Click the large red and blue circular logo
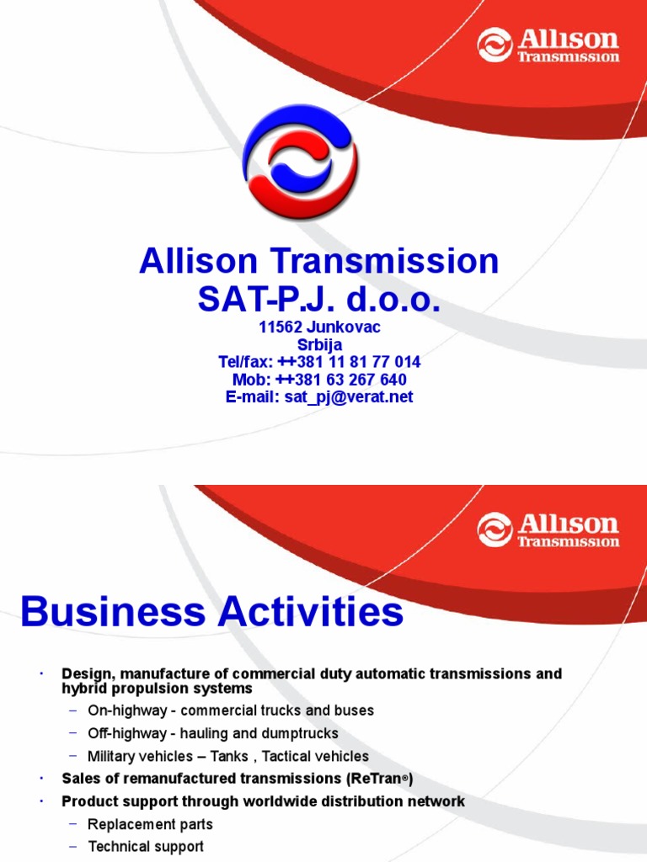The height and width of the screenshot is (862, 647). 301,161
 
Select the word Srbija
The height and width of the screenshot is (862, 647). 319,344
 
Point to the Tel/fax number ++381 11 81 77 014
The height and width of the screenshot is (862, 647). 349,362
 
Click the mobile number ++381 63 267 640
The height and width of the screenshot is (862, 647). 341,380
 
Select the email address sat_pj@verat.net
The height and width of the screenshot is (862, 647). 349,397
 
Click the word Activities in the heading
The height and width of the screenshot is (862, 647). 310,613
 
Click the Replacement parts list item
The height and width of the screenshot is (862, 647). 150,824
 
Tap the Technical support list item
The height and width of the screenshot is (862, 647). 146,847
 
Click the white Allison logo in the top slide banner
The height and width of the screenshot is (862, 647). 548,45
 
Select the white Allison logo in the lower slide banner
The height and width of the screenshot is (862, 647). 548,529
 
